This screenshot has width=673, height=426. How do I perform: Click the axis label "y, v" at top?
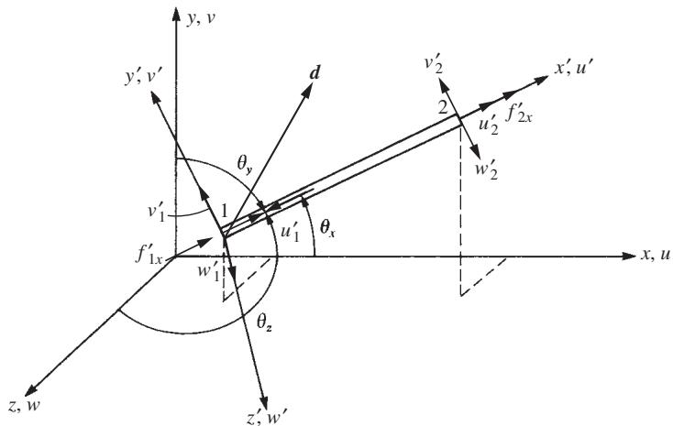click(201, 19)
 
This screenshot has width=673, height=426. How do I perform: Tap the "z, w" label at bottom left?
click(25, 405)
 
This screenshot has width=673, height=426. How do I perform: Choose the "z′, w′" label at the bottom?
click(267, 416)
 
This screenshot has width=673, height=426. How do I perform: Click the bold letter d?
click(314, 73)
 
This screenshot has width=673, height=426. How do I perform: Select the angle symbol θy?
click(245, 164)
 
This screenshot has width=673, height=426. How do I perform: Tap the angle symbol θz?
click(264, 322)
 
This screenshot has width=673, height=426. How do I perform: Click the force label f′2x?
click(518, 114)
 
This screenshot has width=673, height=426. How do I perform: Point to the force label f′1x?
click(149, 255)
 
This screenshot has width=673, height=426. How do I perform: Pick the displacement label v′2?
click(434, 65)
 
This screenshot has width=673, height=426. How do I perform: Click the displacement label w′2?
click(486, 169)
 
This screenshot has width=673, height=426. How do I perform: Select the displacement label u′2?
click(489, 126)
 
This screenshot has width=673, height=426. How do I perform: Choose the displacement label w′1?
click(209, 272)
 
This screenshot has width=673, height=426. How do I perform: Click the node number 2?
click(443, 108)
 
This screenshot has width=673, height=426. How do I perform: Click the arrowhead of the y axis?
click(175, 14)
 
